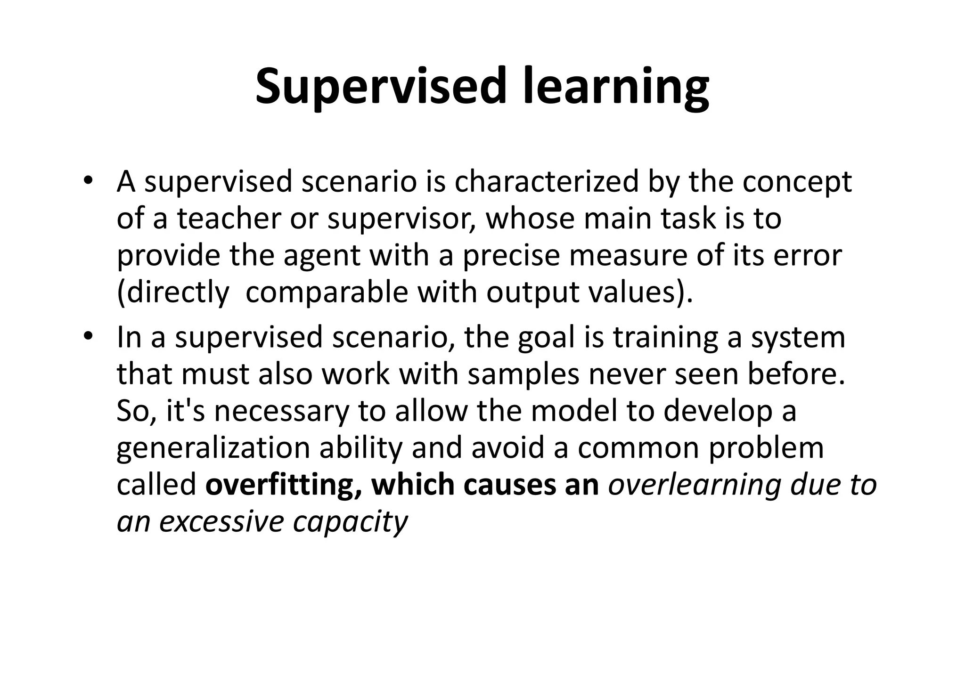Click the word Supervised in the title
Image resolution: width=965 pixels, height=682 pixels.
(x=381, y=87)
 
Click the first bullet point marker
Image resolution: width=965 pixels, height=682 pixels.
(x=88, y=181)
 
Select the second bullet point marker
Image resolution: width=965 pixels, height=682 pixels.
(x=88, y=337)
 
